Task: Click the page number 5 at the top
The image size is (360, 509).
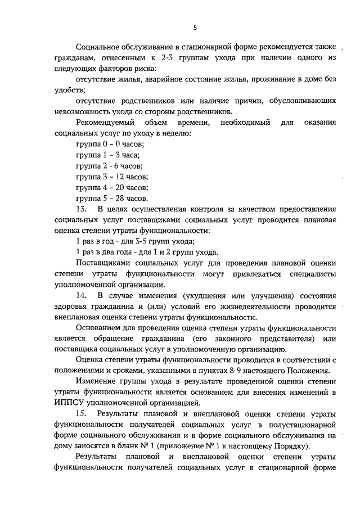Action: click(x=195, y=28)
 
